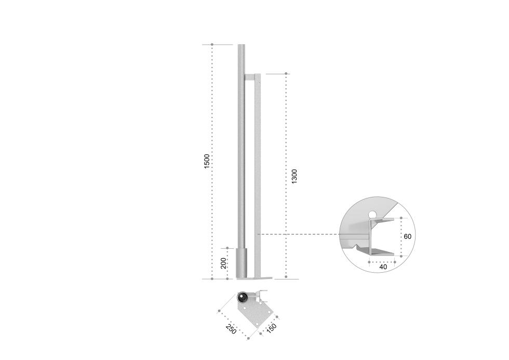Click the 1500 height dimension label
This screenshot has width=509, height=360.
click(x=207, y=161)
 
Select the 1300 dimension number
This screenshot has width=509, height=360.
click(x=294, y=176)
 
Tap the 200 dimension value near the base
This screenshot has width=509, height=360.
click(x=223, y=263)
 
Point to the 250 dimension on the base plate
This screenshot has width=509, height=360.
click(x=231, y=329)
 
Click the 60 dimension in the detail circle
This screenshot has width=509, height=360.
click(x=407, y=236)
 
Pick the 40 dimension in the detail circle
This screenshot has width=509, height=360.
click(x=383, y=267)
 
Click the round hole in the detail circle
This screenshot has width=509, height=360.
click(x=373, y=214)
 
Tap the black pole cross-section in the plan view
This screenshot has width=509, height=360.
click(x=243, y=297)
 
